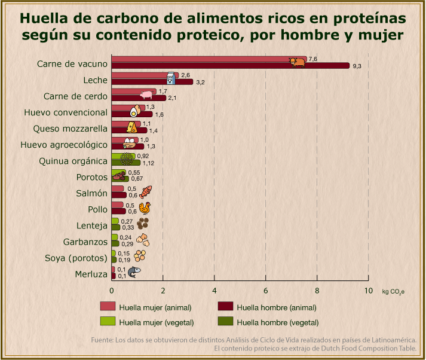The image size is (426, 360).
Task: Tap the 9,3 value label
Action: pos(357,66)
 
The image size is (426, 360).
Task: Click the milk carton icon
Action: pos(171,78)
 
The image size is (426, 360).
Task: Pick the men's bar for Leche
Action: pos(152,82)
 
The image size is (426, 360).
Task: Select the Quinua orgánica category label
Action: pos(73,161)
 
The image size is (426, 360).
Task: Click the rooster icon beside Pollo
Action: pos(144,208)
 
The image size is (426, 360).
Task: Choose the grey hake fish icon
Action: pos(134,272)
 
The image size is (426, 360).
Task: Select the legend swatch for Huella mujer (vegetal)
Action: pos(108,322)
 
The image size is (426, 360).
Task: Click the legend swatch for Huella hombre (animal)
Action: pos(225,307)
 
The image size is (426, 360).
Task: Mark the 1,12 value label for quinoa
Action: pos(149,163)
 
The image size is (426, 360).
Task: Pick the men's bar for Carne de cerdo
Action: pos(139,98)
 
